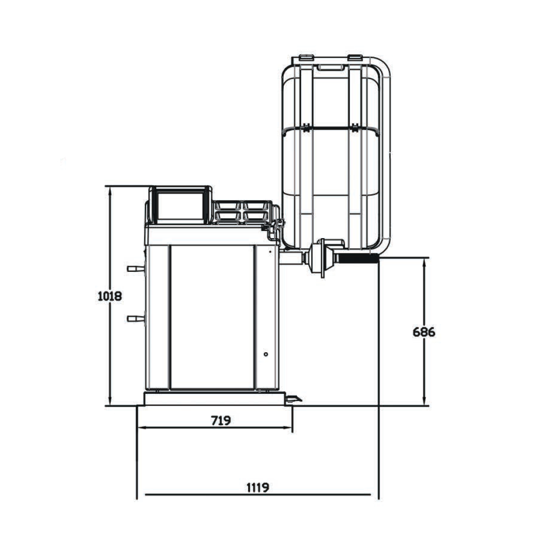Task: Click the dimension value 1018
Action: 110,295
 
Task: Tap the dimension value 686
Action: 424,332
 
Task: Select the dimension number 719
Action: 221,420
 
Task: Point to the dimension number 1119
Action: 258,487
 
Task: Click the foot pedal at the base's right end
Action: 294,399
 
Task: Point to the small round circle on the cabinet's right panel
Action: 266,354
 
